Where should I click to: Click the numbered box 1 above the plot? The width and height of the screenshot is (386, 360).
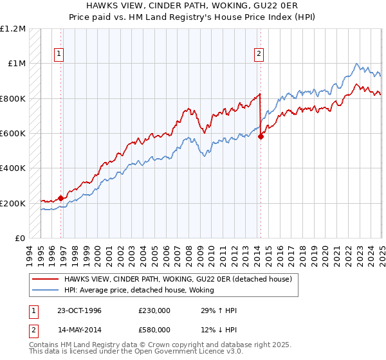click(x=59, y=55)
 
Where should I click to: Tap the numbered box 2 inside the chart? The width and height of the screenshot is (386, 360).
click(x=259, y=55)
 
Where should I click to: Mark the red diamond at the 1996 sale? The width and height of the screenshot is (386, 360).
click(x=61, y=198)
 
